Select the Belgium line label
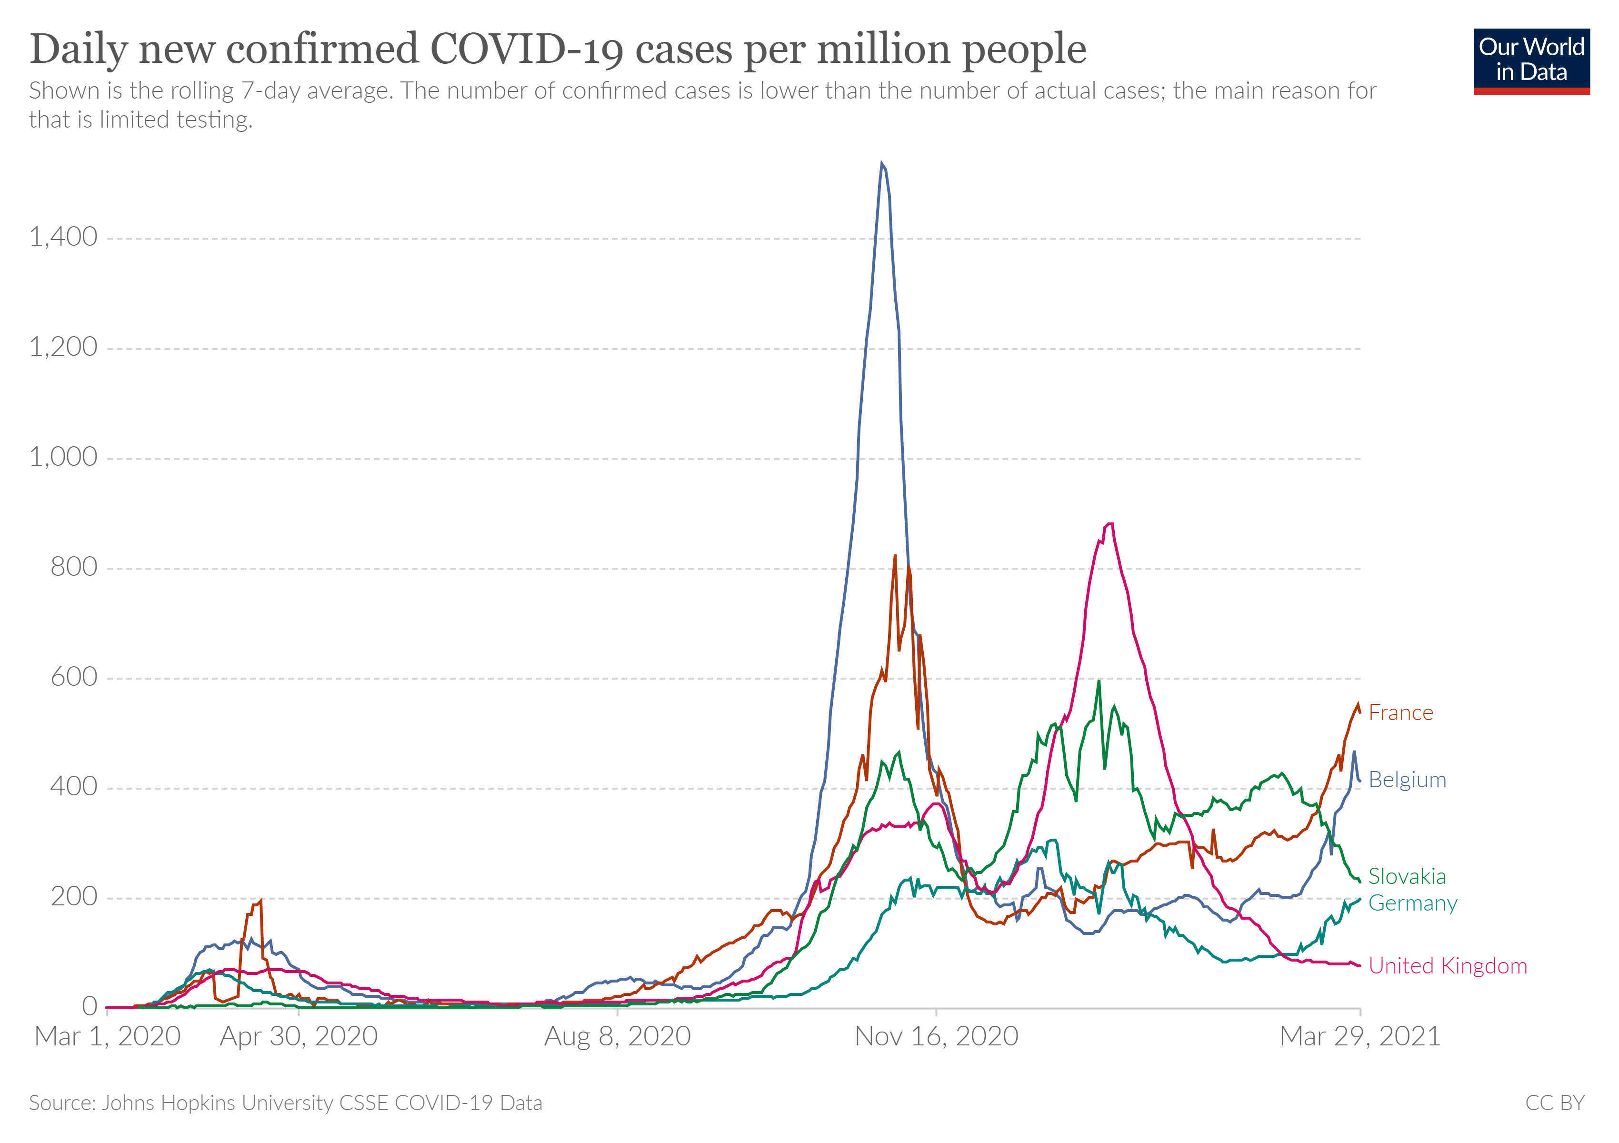point(1407,780)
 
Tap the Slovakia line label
point(1407,876)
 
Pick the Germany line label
point(1412,903)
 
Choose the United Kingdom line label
point(1448,966)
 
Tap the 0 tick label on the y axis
point(90,1006)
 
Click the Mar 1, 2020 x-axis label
point(107,1036)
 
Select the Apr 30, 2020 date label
point(299,1036)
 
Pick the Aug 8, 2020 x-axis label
point(618,1036)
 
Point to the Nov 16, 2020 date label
point(937,1036)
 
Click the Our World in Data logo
point(1531,60)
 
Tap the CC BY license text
point(1554,1103)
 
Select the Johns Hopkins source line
point(286,1103)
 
